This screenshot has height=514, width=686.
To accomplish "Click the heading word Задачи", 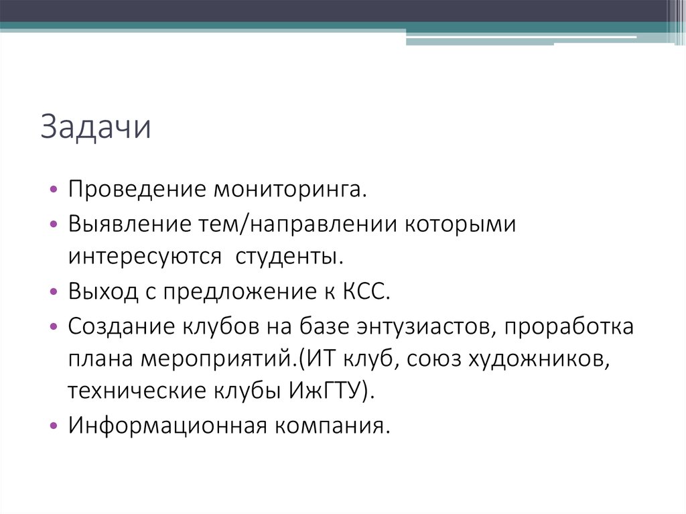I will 95,128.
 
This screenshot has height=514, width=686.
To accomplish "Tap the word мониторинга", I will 290,190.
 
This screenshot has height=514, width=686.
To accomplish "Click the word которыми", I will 460,224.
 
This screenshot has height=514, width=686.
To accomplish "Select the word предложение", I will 205,293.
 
